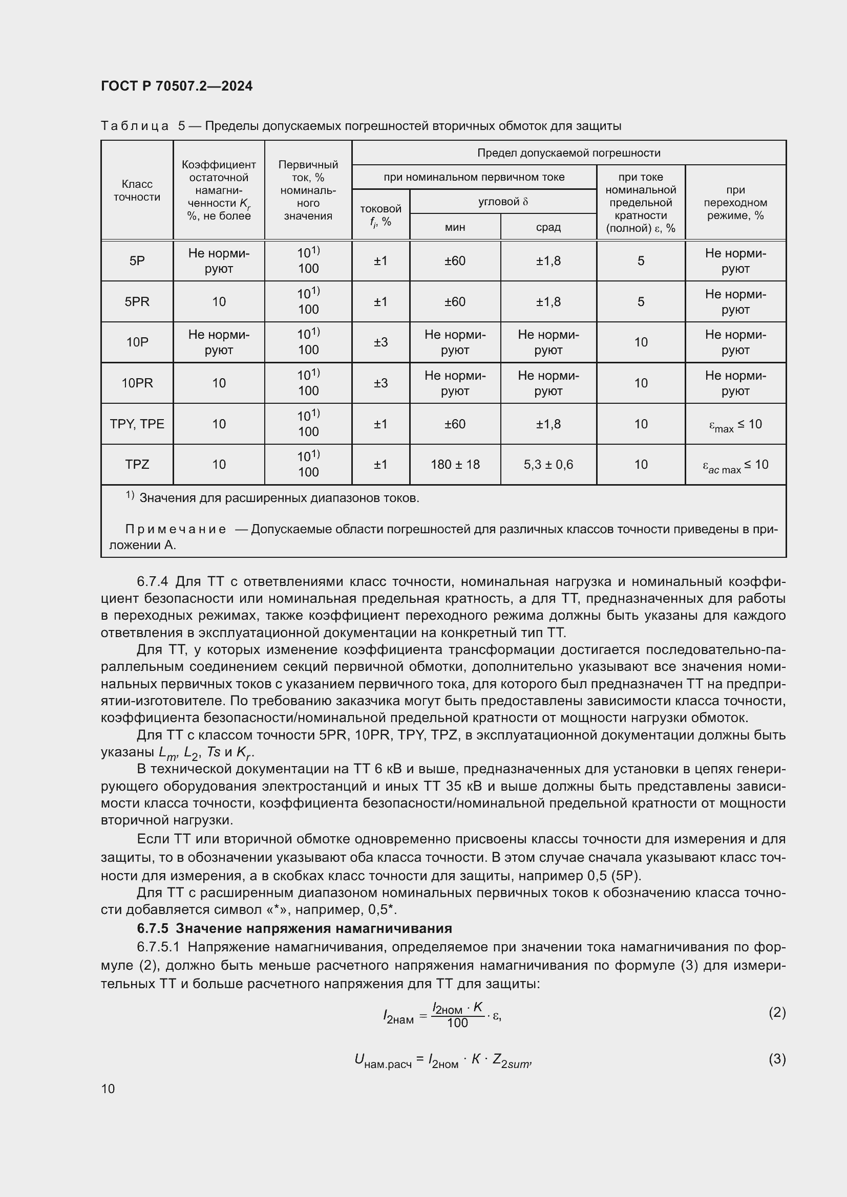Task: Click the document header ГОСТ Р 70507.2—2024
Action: (176, 86)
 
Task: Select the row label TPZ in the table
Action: (137, 465)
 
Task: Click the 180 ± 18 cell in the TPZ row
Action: (455, 465)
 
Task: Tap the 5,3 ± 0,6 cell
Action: (548, 465)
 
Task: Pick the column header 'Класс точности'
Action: (137, 190)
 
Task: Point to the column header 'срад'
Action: (548, 227)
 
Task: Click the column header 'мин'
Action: (455, 227)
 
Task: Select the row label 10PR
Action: (137, 383)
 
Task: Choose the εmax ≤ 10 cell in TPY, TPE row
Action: (735, 425)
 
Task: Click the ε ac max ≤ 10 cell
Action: (735, 466)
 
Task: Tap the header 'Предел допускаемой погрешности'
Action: (568, 153)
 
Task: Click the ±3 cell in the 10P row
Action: (380, 342)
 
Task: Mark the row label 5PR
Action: (137, 302)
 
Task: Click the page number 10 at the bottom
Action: (108, 1089)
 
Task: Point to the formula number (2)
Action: (777, 1012)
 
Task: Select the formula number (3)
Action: (777, 1059)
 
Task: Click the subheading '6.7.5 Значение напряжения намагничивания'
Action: (294, 928)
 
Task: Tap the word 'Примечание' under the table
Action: (176, 530)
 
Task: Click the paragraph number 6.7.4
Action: (152, 582)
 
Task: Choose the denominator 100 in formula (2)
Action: (457, 1023)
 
